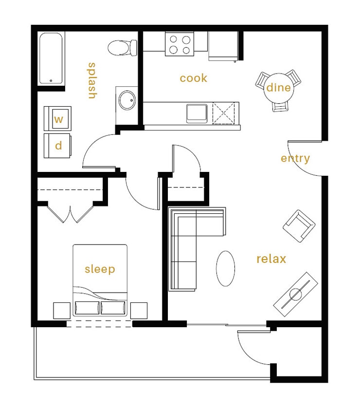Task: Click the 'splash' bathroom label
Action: coord(91,80)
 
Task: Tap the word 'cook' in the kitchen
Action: coord(193,78)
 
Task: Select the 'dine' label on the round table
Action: coord(278,88)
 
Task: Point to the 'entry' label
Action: coord(295,158)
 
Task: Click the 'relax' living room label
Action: coord(271,259)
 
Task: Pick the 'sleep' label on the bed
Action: coord(100,269)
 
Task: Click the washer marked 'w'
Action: coord(58,119)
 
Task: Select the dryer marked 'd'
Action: coord(58,146)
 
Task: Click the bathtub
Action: coord(52,59)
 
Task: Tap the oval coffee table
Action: coord(225,268)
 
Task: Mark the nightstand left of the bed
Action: coord(62,310)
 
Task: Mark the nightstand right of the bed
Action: coord(139,310)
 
